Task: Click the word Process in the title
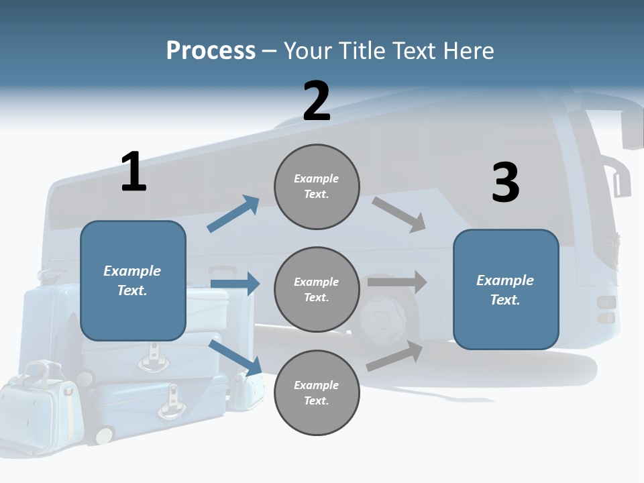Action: click(211, 51)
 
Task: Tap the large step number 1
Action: click(133, 172)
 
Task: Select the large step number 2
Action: click(317, 101)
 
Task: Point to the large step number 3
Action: click(505, 183)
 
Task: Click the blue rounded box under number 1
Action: click(133, 280)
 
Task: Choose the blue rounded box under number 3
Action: click(506, 289)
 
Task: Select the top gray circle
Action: click(317, 186)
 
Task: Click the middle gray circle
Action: click(317, 289)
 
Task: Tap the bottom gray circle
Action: click(317, 392)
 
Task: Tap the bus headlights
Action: click(606, 309)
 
